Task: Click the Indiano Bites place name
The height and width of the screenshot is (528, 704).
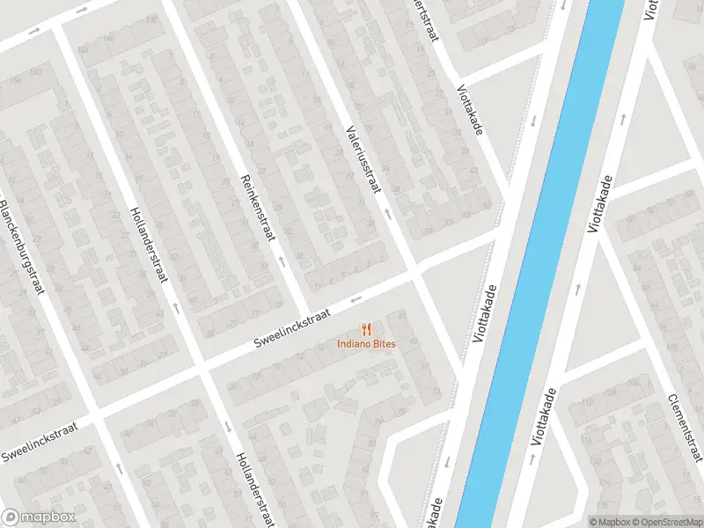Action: click(366, 343)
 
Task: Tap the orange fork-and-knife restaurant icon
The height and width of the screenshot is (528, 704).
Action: click(366, 328)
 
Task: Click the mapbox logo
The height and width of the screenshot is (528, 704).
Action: click(39, 517)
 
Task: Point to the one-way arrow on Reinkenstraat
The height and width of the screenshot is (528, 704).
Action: click(280, 260)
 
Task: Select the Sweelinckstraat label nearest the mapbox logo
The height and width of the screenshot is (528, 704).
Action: click(40, 441)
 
